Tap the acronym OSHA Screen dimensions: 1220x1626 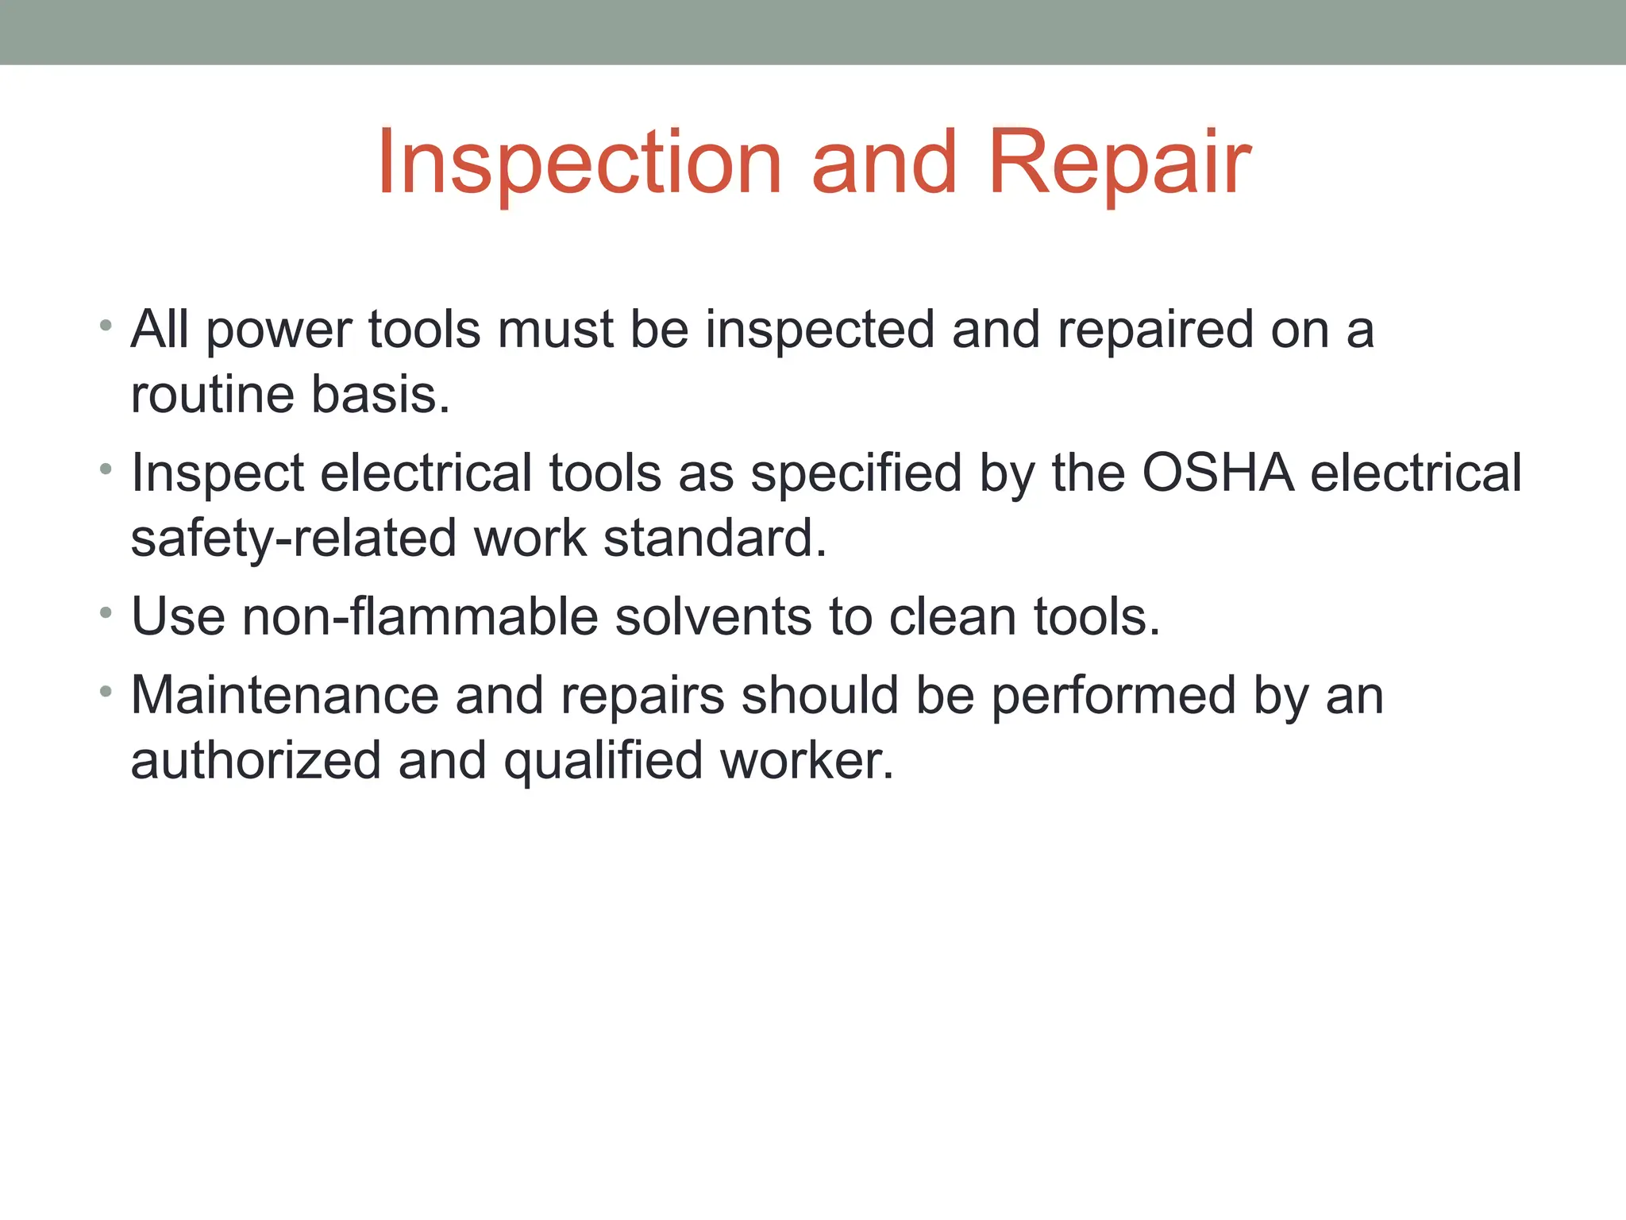[x=1218, y=473]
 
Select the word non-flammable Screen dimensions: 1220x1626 [x=420, y=617]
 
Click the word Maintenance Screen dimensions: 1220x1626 [x=284, y=696]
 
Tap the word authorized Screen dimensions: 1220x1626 [x=256, y=761]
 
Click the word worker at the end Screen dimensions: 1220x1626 [x=807, y=761]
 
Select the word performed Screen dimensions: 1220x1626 [x=1114, y=697]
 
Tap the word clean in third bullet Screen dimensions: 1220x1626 [x=952, y=617]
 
